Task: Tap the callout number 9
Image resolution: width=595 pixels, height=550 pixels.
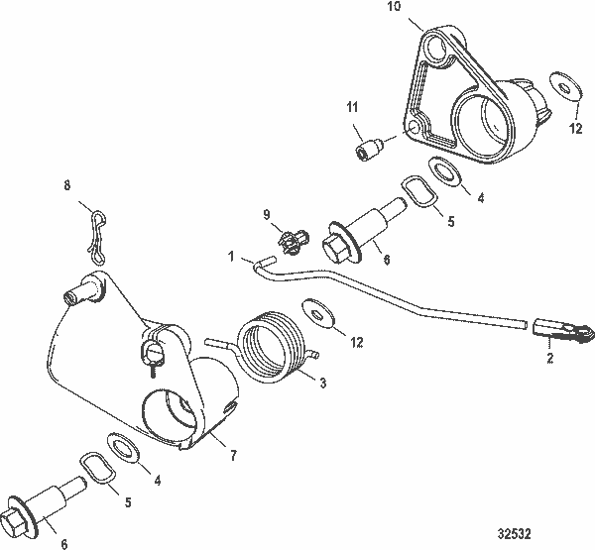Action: point(267,213)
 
